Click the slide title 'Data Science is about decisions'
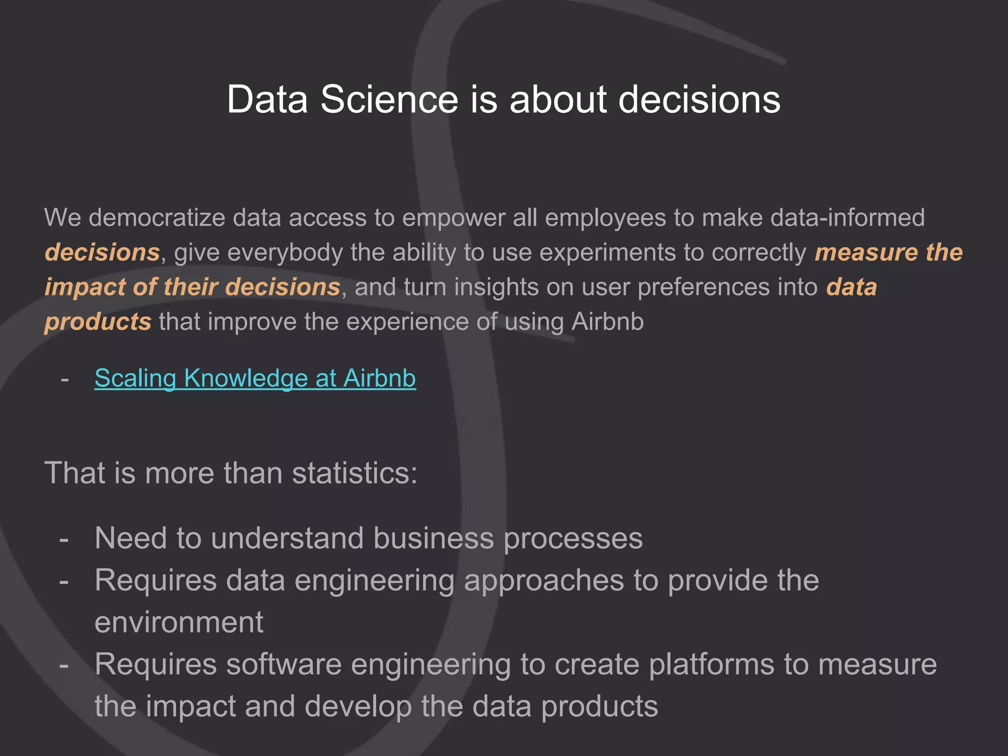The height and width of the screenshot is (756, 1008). click(504, 99)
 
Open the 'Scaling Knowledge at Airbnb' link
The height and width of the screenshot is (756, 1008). click(255, 378)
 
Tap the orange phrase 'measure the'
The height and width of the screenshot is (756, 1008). click(888, 252)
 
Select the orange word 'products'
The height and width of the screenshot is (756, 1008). click(98, 322)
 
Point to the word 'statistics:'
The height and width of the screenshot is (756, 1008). click(354, 473)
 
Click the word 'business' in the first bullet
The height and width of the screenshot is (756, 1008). click(434, 538)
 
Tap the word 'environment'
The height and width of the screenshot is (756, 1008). click(179, 622)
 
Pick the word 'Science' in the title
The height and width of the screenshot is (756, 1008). click(389, 99)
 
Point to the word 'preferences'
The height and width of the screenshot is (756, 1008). click(703, 287)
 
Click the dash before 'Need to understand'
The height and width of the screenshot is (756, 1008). click(64, 539)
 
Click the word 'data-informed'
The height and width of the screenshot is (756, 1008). click(848, 218)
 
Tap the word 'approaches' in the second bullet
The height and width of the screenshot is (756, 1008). click(544, 580)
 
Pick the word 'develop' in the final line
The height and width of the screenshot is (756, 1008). click(358, 707)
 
